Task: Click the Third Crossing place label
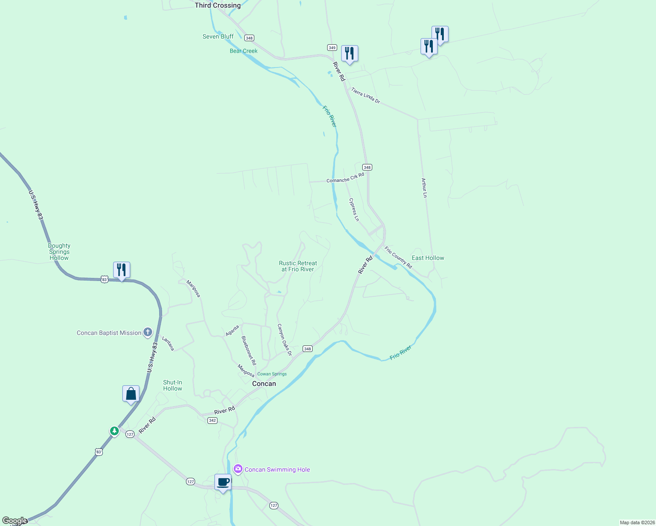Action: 217,5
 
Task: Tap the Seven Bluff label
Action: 218,36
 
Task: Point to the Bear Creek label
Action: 243,51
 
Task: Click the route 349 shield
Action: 332,48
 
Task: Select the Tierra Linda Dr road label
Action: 365,95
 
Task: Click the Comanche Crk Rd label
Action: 345,178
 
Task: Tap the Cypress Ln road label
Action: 354,210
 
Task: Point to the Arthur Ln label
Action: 424,188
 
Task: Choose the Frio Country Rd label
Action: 398,257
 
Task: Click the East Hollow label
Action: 428,258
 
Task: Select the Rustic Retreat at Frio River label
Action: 298,266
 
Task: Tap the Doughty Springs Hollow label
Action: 59,252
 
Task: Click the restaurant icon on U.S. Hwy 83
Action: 121,270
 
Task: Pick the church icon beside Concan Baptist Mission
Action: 148,332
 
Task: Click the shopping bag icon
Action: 131,394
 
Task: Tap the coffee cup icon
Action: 223,482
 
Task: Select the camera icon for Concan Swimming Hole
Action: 238,469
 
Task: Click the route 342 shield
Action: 212,420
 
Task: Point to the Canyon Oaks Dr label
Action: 284,340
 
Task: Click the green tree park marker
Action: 114,431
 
